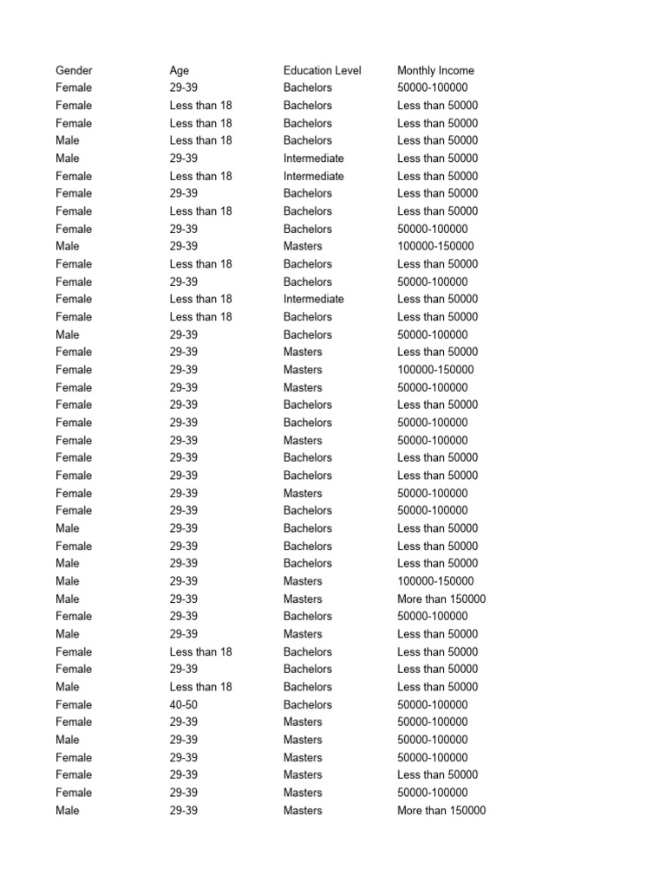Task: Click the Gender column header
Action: tap(74, 70)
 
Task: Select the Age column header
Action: tap(179, 70)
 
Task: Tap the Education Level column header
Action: tap(322, 70)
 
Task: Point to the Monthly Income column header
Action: tap(435, 70)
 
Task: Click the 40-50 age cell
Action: tap(183, 704)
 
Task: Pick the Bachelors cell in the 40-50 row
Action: tap(307, 704)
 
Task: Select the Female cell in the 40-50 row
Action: tap(74, 704)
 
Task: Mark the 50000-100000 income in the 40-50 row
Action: tap(432, 704)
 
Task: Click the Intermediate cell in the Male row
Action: tap(313, 159)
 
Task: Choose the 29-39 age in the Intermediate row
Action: tap(183, 159)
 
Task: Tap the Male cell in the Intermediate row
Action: tap(67, 159)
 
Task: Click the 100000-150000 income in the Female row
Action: tap(435, 370)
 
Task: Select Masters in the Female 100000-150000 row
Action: tap(302, 370)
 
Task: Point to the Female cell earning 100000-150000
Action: tap(74, 370)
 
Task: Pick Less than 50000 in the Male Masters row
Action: tap(437, 634)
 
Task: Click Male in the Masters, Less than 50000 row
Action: tap(67, 634)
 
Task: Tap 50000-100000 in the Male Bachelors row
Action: tap(432, 334)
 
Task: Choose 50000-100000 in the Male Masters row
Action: tap(432, 740)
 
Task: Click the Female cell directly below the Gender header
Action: tap(74, 87)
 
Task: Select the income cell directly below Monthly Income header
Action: tap(432, 87)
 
